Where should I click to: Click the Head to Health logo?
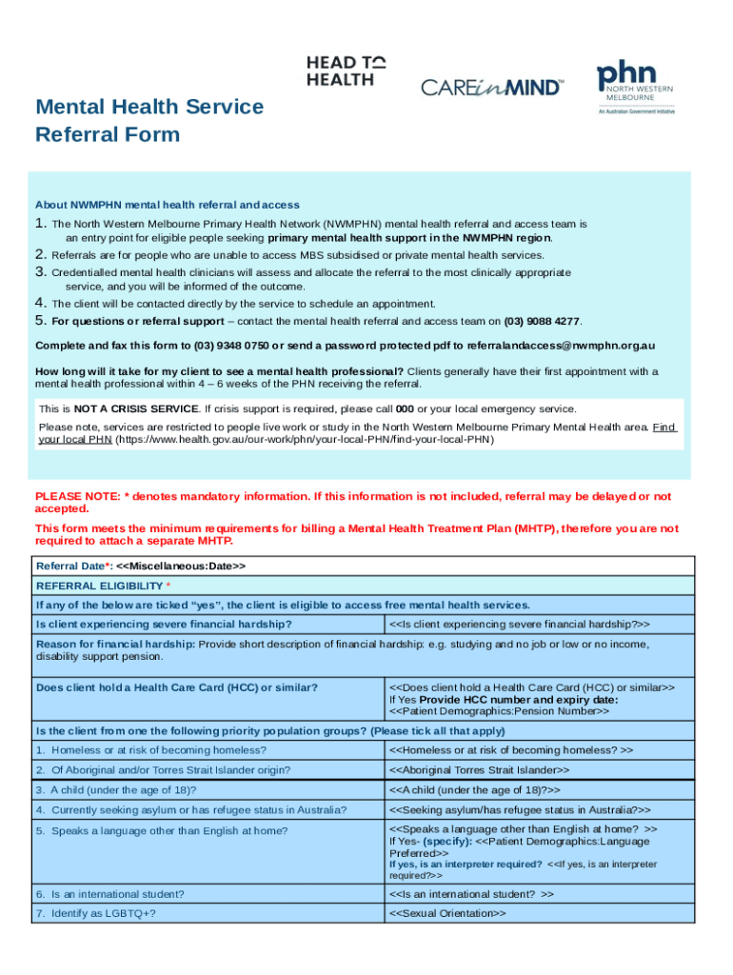[x=346, y=71]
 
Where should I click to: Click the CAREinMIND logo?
[x=492, y=88]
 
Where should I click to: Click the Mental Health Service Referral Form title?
[x=149, y=120]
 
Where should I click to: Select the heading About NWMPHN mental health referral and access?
[x=168, y=205]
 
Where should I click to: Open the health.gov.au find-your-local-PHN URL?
[x=305, y=440]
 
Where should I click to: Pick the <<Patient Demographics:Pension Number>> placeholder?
[x=499, y=710]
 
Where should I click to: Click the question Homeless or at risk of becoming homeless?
[x=151, y=750]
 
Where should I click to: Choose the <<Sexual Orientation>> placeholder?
[x=447, y=914]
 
